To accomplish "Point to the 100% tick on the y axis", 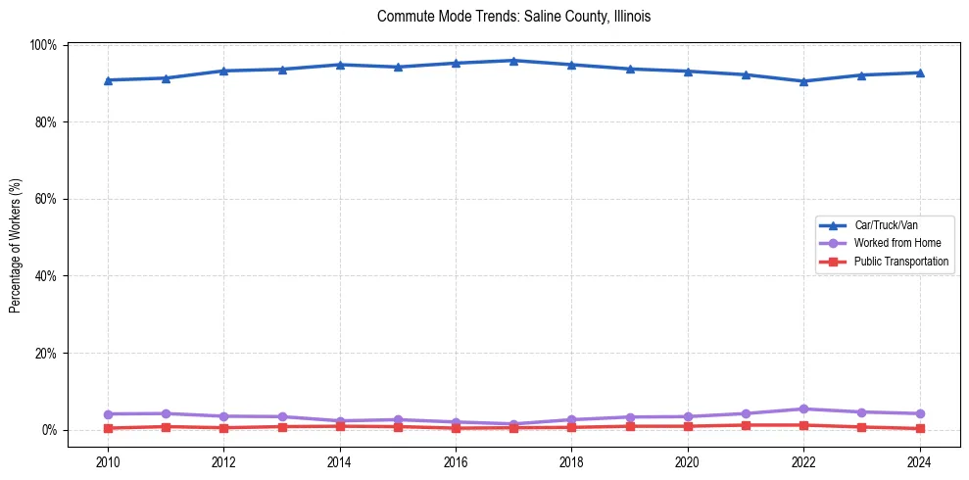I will [x=43, y=45].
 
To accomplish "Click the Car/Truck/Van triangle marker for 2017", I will [x=513, y=61].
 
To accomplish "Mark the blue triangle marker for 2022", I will [x=803, y=81].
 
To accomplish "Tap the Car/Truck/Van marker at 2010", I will [x=108, y=80].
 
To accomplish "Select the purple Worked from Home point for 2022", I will [x=803, y=408].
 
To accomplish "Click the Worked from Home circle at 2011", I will [x=166, y=413].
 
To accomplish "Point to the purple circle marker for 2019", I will [x=630, y=417].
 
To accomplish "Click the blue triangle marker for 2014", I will [x=340, y=65].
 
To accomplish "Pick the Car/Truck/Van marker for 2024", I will [x=919, y=72].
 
